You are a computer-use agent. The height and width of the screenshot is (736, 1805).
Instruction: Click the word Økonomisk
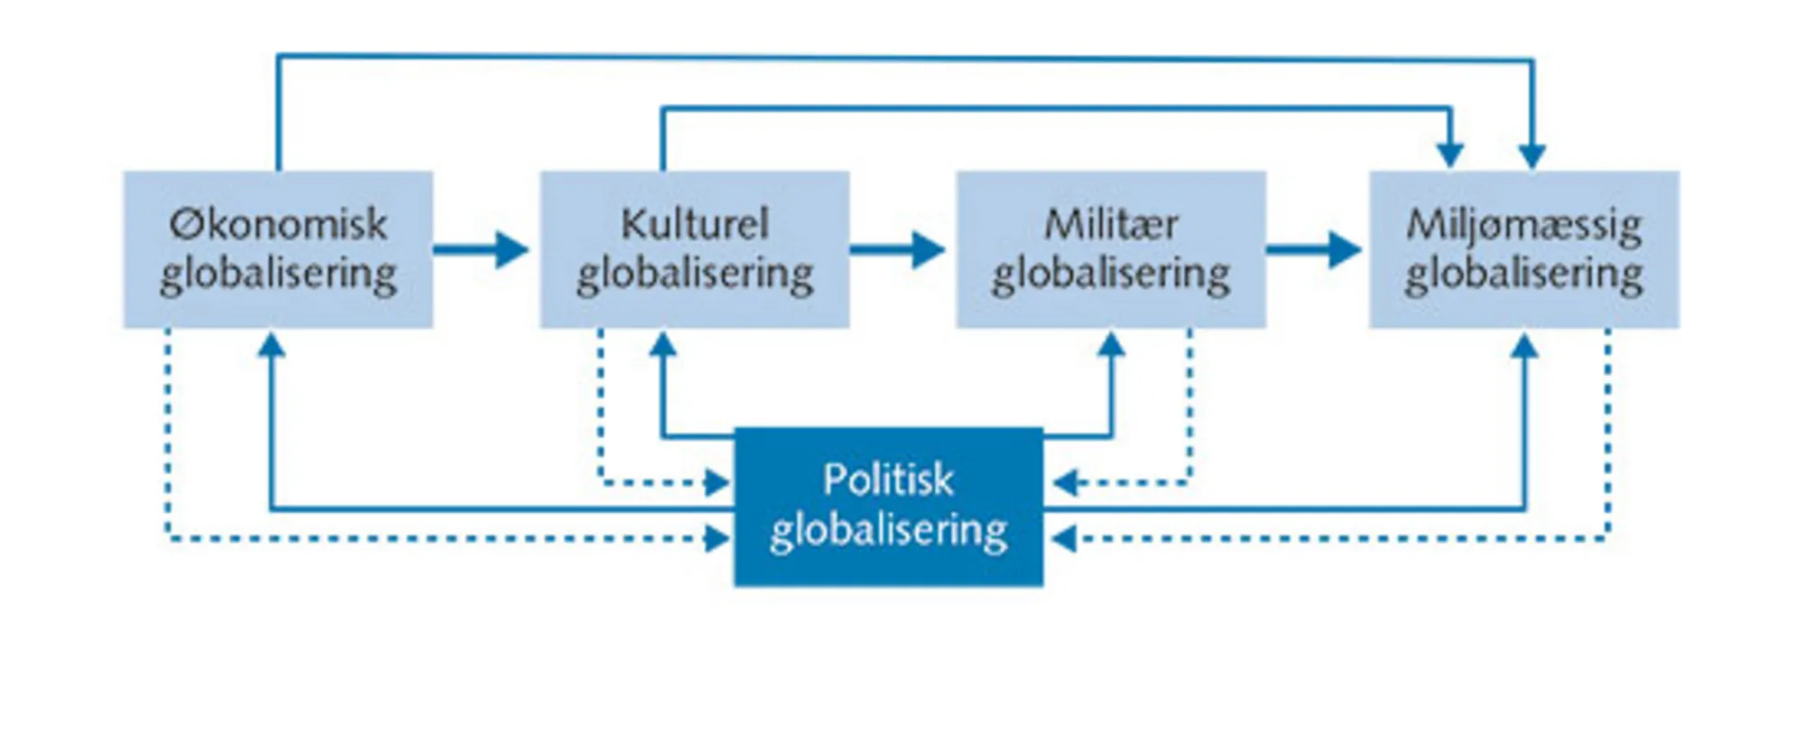pyautogui.click(x=278, y=224)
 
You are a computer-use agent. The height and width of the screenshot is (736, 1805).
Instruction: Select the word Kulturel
pyautogui.click(x=694, y=224)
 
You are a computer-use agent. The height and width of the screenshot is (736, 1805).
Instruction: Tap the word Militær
pyautogui.click(x=1111, y=224)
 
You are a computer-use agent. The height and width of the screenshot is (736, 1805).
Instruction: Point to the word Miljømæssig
pyautogui.click(x=1523, y=225)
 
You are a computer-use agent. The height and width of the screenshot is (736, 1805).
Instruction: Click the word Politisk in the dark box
pyautogui.click(x=888, y=480)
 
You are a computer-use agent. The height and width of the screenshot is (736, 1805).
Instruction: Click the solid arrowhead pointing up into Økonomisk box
pyautogui.click(x=272, y=344)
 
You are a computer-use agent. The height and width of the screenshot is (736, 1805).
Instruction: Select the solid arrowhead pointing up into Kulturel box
pyautogui.click(x=663, y=344)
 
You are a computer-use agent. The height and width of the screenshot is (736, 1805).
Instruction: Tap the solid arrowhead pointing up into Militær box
pyautogui.click(x=1111, y=344)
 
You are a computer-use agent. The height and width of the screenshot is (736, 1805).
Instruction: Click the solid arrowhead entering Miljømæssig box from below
pyautogui.click(x=1524, y=346)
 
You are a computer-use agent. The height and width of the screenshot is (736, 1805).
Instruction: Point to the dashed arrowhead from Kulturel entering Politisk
pyautogui.click(x=717, y=483)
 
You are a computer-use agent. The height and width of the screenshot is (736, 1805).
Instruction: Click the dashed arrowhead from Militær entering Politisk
pyautogui.click(x=1066, y=483)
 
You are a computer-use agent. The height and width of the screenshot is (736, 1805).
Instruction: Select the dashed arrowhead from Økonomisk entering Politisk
pyautogui.click(x=717, y=539)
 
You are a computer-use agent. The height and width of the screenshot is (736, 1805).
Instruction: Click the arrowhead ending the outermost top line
pyautogui.click(x=1532, y=156)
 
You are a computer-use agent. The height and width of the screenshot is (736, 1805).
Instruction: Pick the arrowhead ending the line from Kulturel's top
pyautogui.click(x=1449, y=154)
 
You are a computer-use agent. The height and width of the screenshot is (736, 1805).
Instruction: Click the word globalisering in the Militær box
pyautogui.click(x=1111, y=274)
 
